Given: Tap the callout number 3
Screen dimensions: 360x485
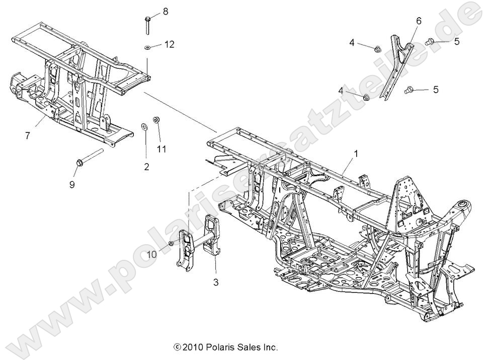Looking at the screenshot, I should coord(216,282).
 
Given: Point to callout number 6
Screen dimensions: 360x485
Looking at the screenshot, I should coord(419,21).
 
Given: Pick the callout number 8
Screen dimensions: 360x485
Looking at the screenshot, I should coord(165,11).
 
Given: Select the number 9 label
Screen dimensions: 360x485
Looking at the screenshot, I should coord(72,184).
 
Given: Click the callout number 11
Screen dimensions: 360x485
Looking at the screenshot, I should coord(161,150).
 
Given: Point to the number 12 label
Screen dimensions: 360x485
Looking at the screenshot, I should coord(169,45).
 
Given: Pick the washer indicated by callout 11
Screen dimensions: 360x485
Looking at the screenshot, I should coord(156,121).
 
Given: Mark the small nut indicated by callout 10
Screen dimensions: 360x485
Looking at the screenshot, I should coord(172,244).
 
